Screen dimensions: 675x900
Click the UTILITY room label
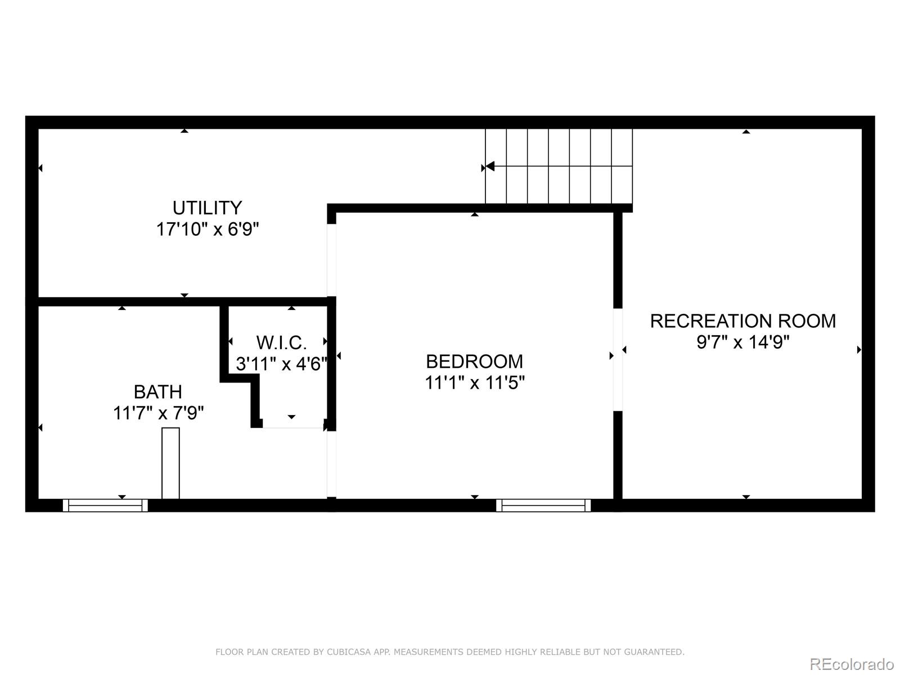207,208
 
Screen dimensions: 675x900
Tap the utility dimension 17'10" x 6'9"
207,229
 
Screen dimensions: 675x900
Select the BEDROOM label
474,361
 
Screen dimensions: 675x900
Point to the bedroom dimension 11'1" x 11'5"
474,383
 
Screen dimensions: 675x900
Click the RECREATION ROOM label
742,321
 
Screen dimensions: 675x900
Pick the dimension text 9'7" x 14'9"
742,342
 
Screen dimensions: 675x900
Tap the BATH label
157,391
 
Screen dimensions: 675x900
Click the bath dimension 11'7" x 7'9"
158,413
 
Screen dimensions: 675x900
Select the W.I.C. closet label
281,343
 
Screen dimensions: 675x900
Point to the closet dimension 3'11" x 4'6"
281,364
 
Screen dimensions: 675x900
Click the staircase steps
559,166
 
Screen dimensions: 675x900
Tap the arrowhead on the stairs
489,166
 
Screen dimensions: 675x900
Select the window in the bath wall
105,505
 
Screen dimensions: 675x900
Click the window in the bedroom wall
543,505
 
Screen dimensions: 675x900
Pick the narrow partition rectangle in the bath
170,463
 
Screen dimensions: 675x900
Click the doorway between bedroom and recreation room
618,359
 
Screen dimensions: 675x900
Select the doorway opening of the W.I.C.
293,427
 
